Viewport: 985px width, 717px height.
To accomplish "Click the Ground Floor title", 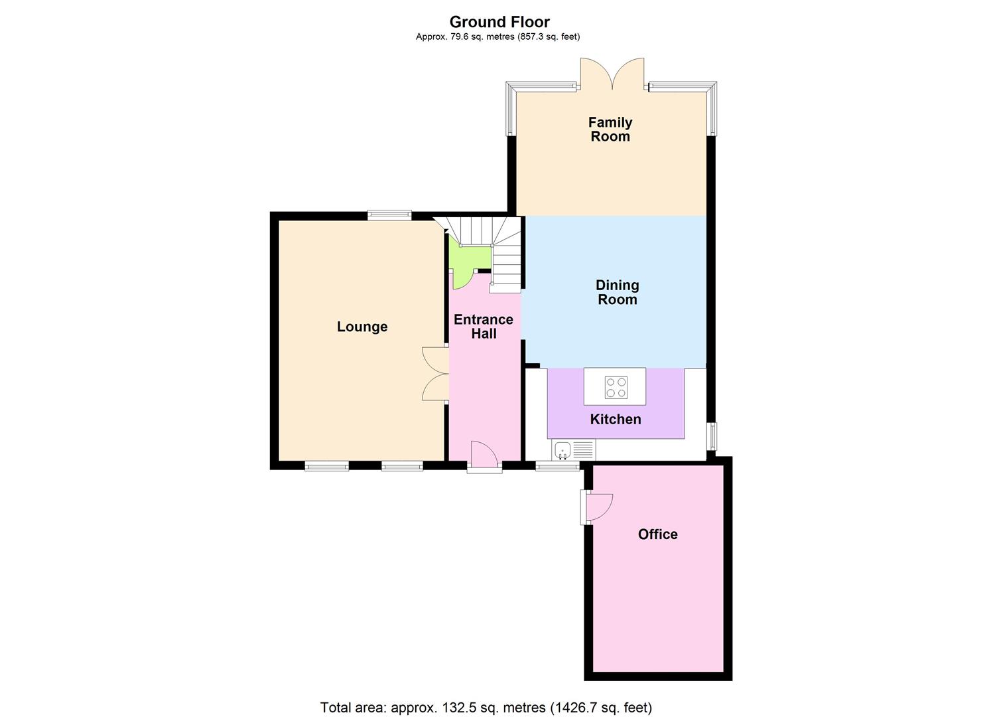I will [x=499, y=22].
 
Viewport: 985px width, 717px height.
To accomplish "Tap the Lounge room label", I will [x=362, y=327].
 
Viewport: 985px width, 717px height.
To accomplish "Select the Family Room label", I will [x=610, y=129].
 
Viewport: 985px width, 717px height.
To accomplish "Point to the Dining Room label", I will [x=617, y=292].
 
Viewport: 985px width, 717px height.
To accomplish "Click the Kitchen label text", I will [x=616, y=419].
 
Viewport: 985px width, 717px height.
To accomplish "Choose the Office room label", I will [x=657, y=534].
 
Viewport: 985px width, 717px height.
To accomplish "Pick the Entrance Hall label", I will [x=484, y=327].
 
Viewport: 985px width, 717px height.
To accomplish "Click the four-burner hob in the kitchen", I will [x=616, y=387].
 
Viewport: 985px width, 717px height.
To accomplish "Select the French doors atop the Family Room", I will [x=612, y=74].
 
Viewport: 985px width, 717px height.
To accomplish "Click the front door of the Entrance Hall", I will [x=484, y=457].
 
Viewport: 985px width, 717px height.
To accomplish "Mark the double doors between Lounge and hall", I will [x=435, y=374].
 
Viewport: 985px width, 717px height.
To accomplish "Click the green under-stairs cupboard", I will [x=468, y=259].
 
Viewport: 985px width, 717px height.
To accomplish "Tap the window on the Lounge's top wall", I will [x=389, y=214].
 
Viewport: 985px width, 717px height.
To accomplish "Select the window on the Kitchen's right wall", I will [x=712, y=436].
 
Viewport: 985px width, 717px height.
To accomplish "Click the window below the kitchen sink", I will [x=557, y=467].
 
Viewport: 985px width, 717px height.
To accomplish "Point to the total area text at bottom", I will [x=486, y=707].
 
